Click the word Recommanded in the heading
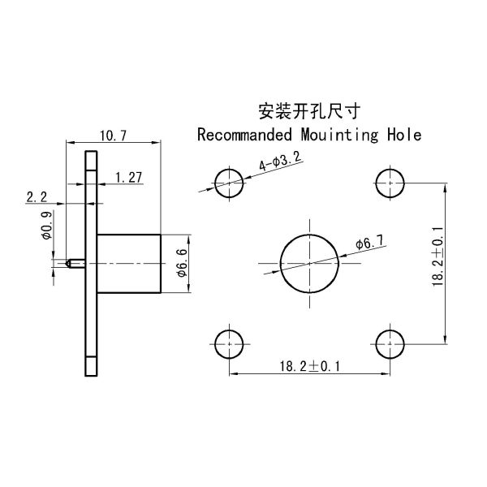pos(243,135)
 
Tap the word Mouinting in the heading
pos(333,135)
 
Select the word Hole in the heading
pos(404,135)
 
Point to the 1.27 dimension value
pos(129,177)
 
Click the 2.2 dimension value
pos(37,196)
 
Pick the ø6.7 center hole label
pos(370,243)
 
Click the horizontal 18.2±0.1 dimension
pos(310,367)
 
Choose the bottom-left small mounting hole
pos(230,343)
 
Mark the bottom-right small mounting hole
pos(390,343)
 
